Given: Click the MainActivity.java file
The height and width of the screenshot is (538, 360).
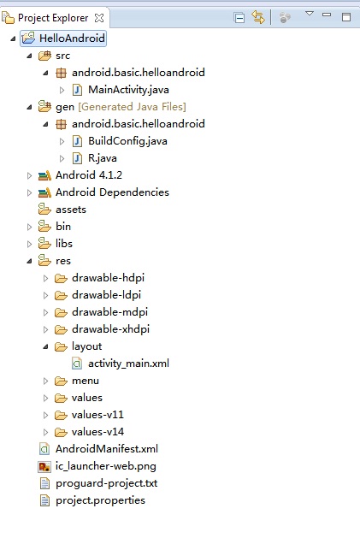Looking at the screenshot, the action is [128, 90].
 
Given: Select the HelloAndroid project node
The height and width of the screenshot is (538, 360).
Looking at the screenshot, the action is [72, 38].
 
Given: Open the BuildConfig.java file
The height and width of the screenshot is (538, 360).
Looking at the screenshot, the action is [127, 141].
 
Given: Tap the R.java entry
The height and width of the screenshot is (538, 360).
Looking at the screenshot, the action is [103, 158].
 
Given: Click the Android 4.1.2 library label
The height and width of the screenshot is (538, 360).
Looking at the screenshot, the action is [89, 175].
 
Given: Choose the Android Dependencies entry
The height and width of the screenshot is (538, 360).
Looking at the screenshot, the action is [112, 192].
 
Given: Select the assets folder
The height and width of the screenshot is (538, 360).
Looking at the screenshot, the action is [71, 210].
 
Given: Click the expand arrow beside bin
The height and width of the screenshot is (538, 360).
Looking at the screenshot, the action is [30, 227].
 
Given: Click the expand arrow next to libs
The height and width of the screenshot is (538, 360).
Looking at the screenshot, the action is [30, 244].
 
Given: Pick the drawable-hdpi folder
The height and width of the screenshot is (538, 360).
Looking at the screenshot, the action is [108, 278].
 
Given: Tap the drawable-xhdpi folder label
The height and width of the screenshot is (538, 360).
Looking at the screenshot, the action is [110, 329].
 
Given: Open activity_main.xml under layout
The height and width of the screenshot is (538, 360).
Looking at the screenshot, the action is [128, 364].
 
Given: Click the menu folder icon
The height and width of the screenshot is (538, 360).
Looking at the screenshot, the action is [61, 381].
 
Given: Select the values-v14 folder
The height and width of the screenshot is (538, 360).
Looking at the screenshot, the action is [97, 432].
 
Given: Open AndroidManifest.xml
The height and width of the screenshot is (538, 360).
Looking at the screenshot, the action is [107, 449].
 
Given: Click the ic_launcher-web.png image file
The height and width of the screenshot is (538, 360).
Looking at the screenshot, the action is [106, 466].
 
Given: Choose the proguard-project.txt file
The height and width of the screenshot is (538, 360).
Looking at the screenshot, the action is [106, 483].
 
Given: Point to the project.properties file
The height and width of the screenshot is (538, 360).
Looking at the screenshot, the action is [100, 500].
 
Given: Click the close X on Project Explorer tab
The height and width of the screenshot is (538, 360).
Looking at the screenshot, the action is [99, 18].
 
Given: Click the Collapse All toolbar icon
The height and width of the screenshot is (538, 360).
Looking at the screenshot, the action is [239, 17].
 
